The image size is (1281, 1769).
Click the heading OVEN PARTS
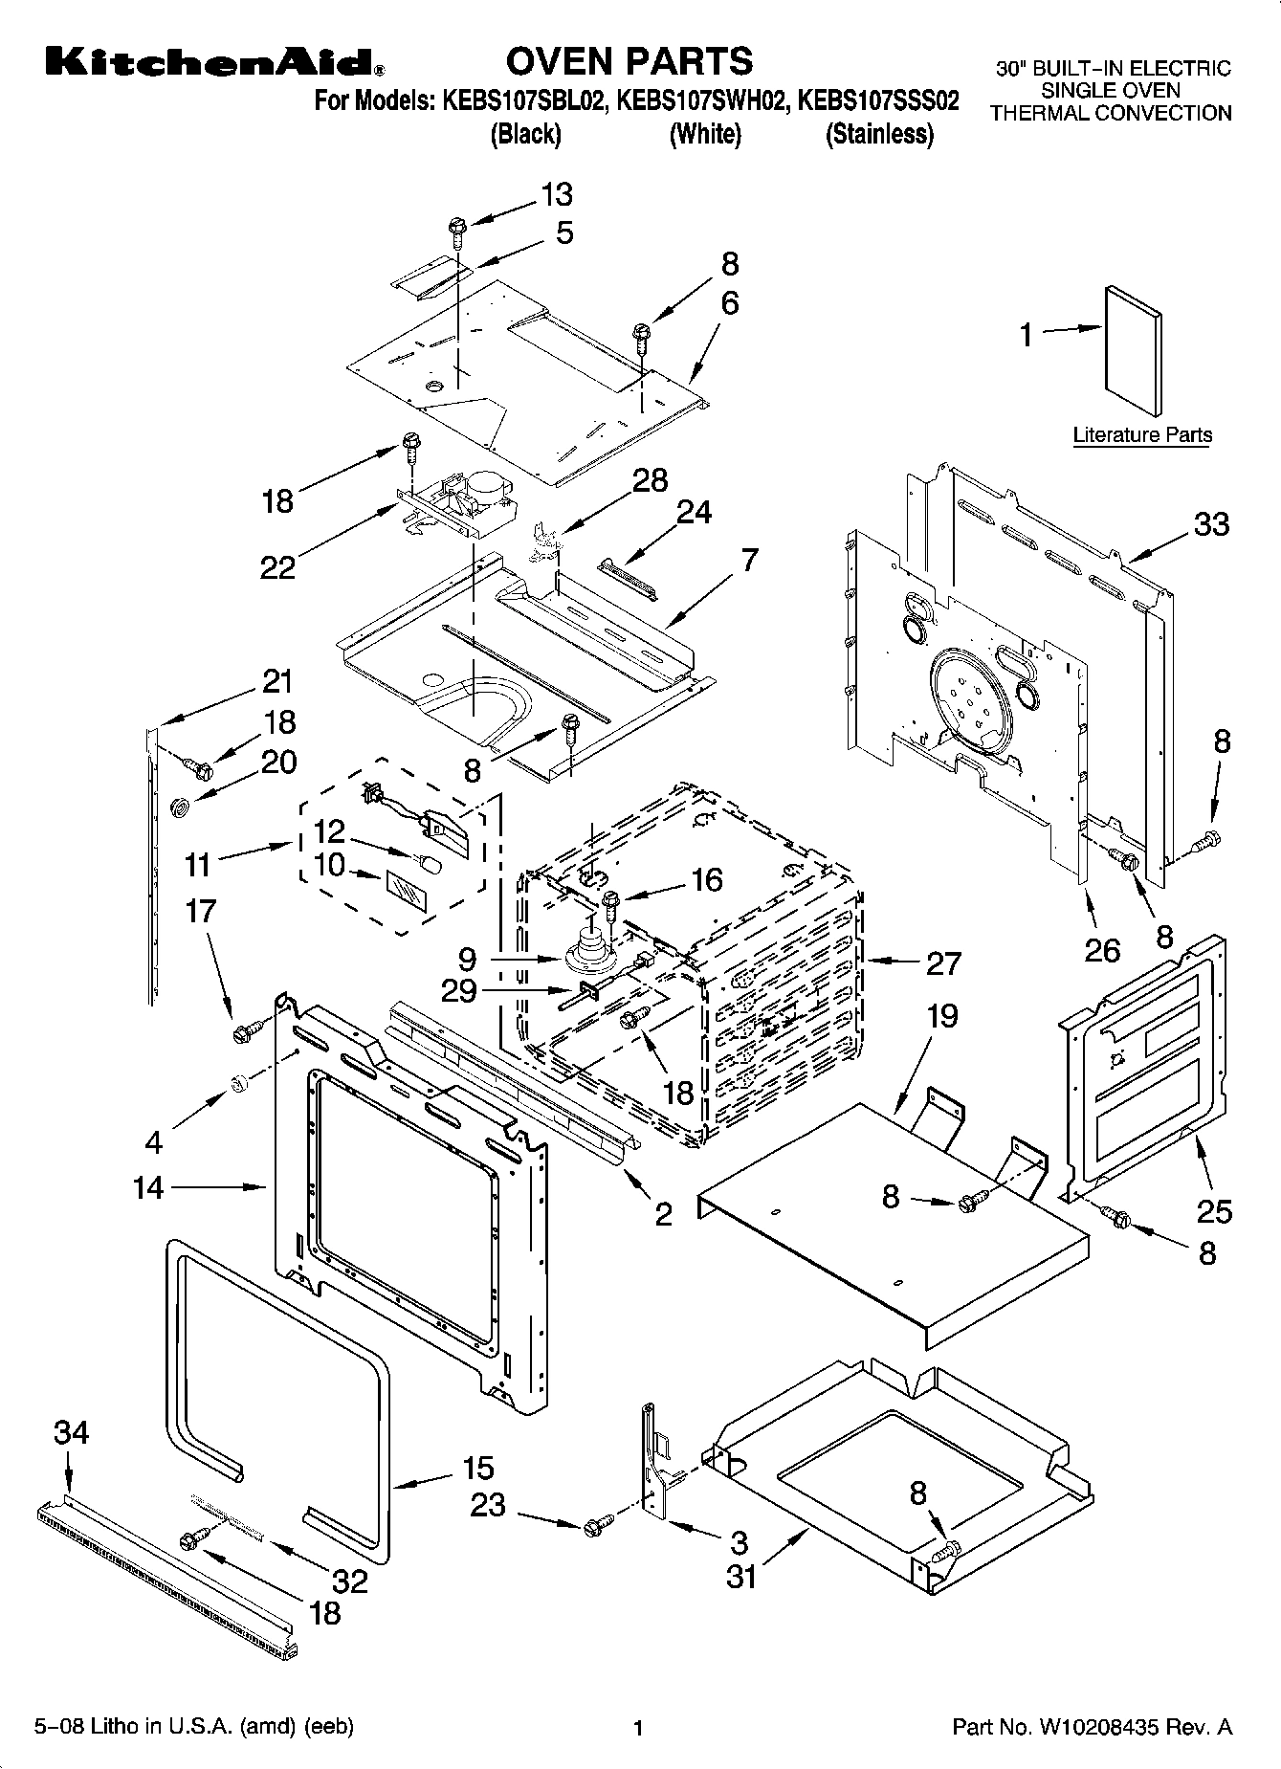click(629, 61)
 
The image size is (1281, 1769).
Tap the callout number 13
click(556, 194)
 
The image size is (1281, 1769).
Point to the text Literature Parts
click(1141, 435)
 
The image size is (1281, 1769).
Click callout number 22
click(278, 567)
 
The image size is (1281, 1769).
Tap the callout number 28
click(651, 480)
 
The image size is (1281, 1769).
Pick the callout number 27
click(942, 962)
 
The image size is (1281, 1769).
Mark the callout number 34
click(71, 1432)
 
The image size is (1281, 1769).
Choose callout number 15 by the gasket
click(477, 1468)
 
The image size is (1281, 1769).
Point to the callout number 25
click(1214, 1211)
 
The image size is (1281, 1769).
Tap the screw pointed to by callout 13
click(455, 229)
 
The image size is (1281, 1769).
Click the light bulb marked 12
click(430, 865)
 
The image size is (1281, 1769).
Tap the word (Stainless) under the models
click(879, 134)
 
